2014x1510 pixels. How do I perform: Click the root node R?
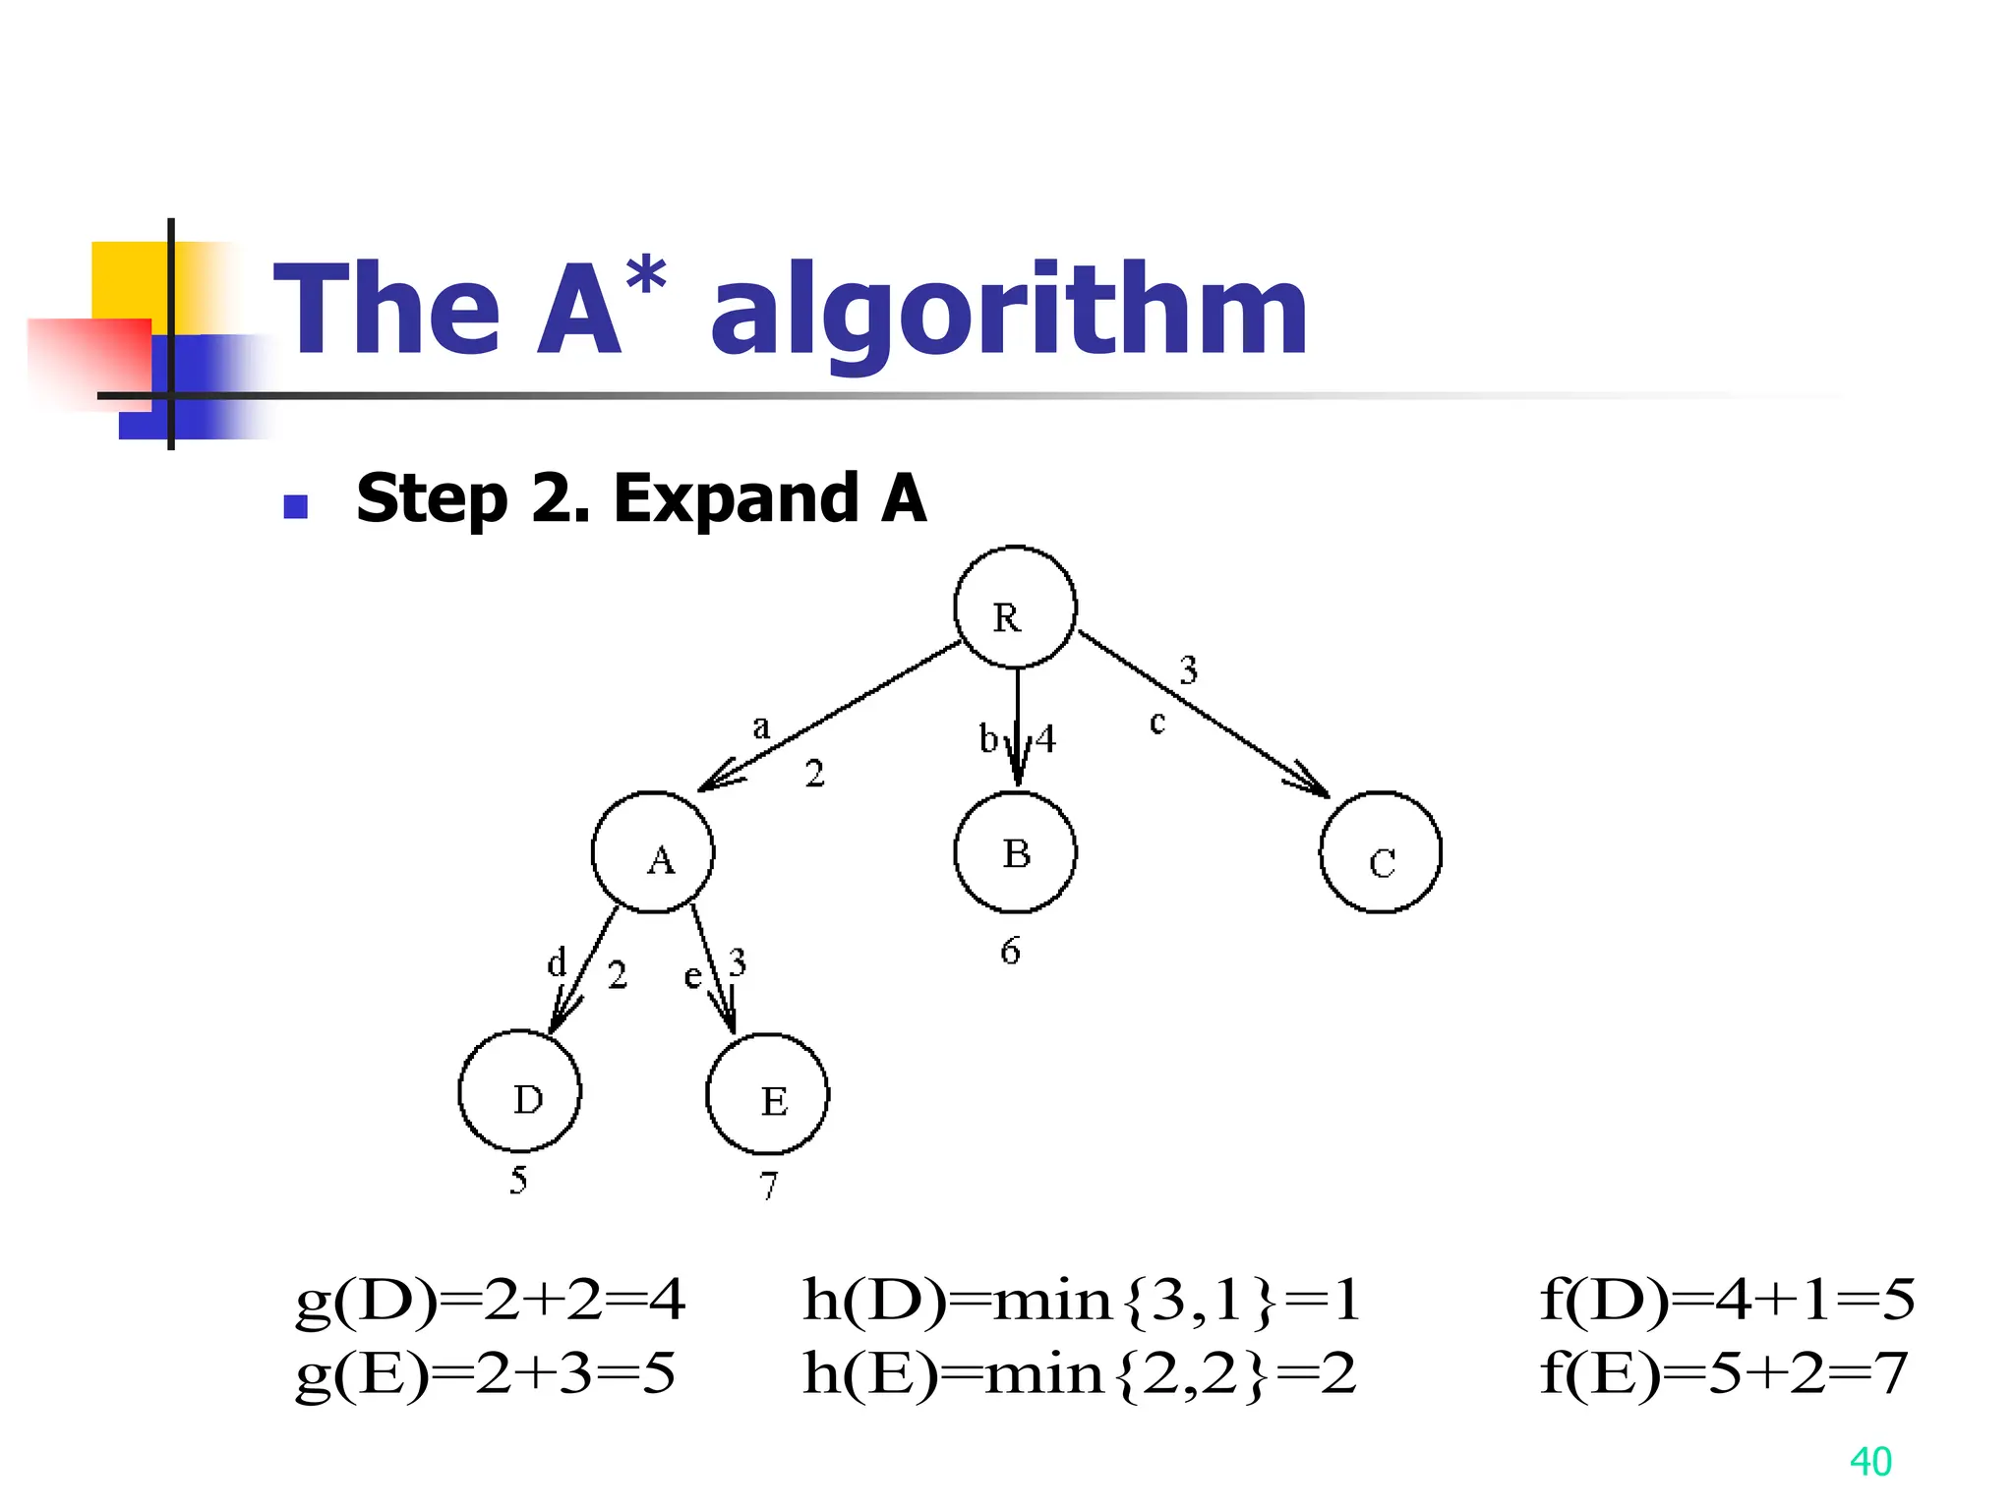click(x=1015, y=608)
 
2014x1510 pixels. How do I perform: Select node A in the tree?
click(x=653, y=852)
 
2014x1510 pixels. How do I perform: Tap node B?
click(x=1015, y=852)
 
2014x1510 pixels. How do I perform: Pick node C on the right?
click(x=1381, y=852)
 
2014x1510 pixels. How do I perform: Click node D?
click(x=520, y=1091)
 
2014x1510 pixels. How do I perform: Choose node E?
click(x=768, y=1093)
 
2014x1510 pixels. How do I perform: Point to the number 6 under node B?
click(x=1011, y=951)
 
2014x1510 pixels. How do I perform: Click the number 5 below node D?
click(x=518, y=1180)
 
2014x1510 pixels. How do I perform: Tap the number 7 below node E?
click(x=769, y=1186)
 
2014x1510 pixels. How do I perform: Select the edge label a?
click(x=760, y=727)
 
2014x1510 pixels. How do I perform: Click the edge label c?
click(x=1157, y=723)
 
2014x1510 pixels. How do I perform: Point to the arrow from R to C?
click(x=1205, y=715)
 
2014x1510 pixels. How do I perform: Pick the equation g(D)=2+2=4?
click(x=490, y=1300)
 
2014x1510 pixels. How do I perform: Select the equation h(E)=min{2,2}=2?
click(x=1079, y=1373)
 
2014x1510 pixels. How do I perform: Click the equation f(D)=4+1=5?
click(x=1727, y=1300)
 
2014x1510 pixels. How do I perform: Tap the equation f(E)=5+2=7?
click(x=1723, y=1373)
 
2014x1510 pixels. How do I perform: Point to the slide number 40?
click(x=1870, y=1462)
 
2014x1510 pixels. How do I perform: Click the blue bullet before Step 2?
click(x=295, y=506)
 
